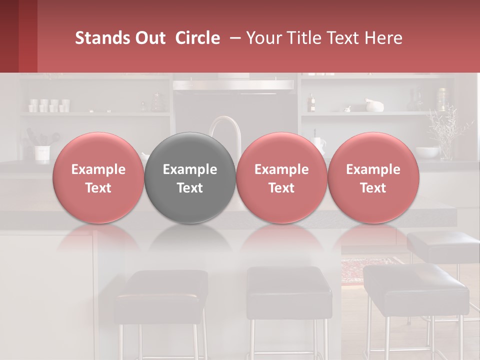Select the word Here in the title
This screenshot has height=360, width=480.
click(386, 38)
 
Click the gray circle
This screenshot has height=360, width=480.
click(190, 178)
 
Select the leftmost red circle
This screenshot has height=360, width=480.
click(98, 178)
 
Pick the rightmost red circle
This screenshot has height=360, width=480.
click(373, 178)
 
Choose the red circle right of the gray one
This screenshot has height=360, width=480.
click(281, 178)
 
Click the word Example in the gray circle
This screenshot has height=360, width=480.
click(190, 169)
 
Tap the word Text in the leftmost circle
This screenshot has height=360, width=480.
click(98, 188)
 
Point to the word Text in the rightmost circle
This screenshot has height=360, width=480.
click(373, 188)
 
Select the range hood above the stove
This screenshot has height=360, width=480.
click(233, 85)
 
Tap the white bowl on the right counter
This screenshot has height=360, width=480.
click(427, 151)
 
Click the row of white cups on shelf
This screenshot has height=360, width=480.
click(49, 105)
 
